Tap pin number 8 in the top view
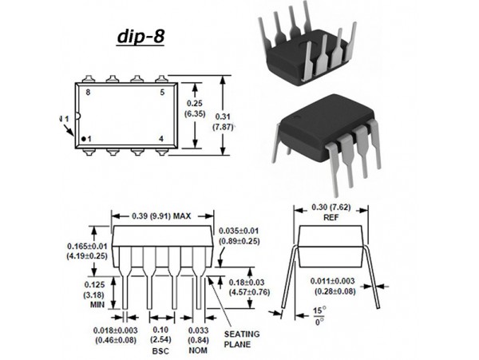point(89,93)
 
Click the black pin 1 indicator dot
point(83,139)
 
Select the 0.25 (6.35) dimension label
point(196,109)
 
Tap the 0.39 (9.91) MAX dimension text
point(161,216)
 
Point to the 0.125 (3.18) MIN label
point(95,294)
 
